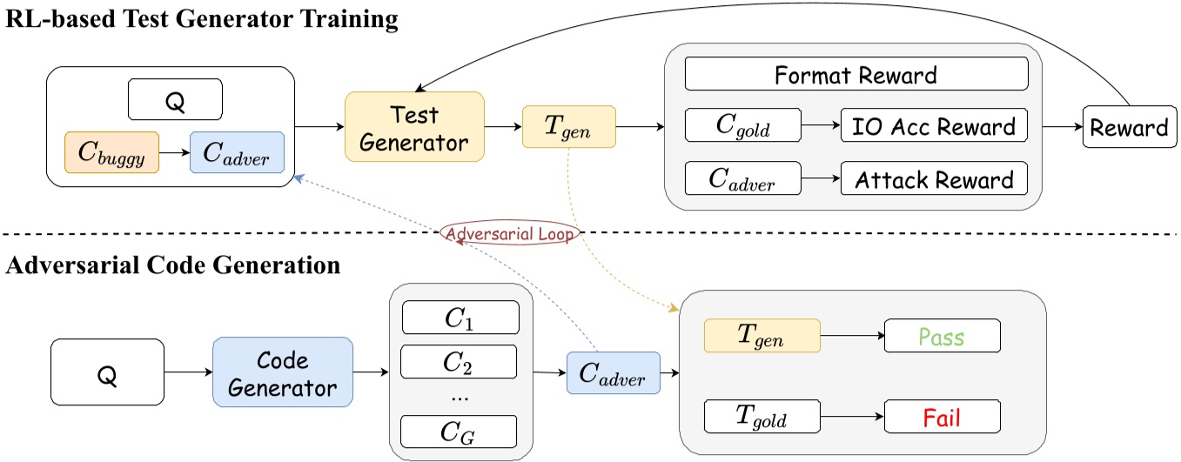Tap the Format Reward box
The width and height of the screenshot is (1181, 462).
point(856,74)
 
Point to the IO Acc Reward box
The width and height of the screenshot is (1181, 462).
point(934,127)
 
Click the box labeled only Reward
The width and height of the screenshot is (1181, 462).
point(1129,128)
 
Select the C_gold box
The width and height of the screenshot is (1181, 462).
point(741,127)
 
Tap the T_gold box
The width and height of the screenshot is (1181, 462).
point(762,419)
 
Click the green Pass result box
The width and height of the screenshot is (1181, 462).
point(942,336)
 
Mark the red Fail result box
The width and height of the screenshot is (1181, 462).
point(942,419)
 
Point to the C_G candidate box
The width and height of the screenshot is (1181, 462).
point(459,430)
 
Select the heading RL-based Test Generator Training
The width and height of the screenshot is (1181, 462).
point(201,21)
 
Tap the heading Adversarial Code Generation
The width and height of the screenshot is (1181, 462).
point(172,265)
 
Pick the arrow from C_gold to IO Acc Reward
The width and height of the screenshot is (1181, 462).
point(819,127)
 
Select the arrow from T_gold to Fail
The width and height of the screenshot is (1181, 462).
point(851,419)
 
